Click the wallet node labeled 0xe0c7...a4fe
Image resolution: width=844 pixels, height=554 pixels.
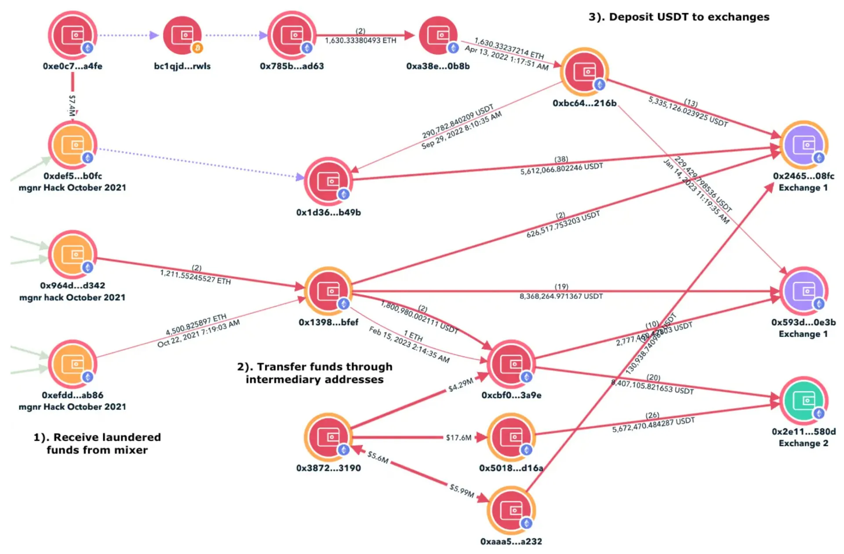point(73,35)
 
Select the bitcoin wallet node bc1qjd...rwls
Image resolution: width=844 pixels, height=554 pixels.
point(182,35)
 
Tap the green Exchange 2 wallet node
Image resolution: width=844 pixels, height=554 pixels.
point(804,400)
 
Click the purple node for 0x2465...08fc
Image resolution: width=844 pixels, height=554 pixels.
point(804,145)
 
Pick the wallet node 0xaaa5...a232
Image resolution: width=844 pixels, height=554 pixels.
point(511,510)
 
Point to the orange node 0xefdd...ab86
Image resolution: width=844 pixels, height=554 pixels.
point(73,364)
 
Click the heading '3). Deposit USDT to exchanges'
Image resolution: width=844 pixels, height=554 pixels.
point(679,17)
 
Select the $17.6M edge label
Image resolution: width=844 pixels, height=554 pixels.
point(458,438)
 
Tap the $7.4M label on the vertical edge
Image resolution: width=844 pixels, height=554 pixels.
point(72,105)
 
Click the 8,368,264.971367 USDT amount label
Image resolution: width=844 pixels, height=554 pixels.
point(561,297)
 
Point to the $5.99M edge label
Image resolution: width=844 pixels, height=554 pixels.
point(462,490)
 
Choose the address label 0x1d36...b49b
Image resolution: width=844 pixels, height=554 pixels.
point(328,213)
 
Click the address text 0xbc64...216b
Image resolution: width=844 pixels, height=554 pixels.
point(584,103)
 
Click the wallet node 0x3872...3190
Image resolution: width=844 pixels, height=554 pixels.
point(328,437)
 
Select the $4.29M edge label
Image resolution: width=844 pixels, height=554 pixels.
point(460,385)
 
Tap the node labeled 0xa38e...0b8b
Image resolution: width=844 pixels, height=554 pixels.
point(438,35)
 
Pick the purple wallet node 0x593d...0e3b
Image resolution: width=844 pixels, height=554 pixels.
point(804,291)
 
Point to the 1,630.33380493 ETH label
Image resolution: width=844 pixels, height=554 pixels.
point(360,40)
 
